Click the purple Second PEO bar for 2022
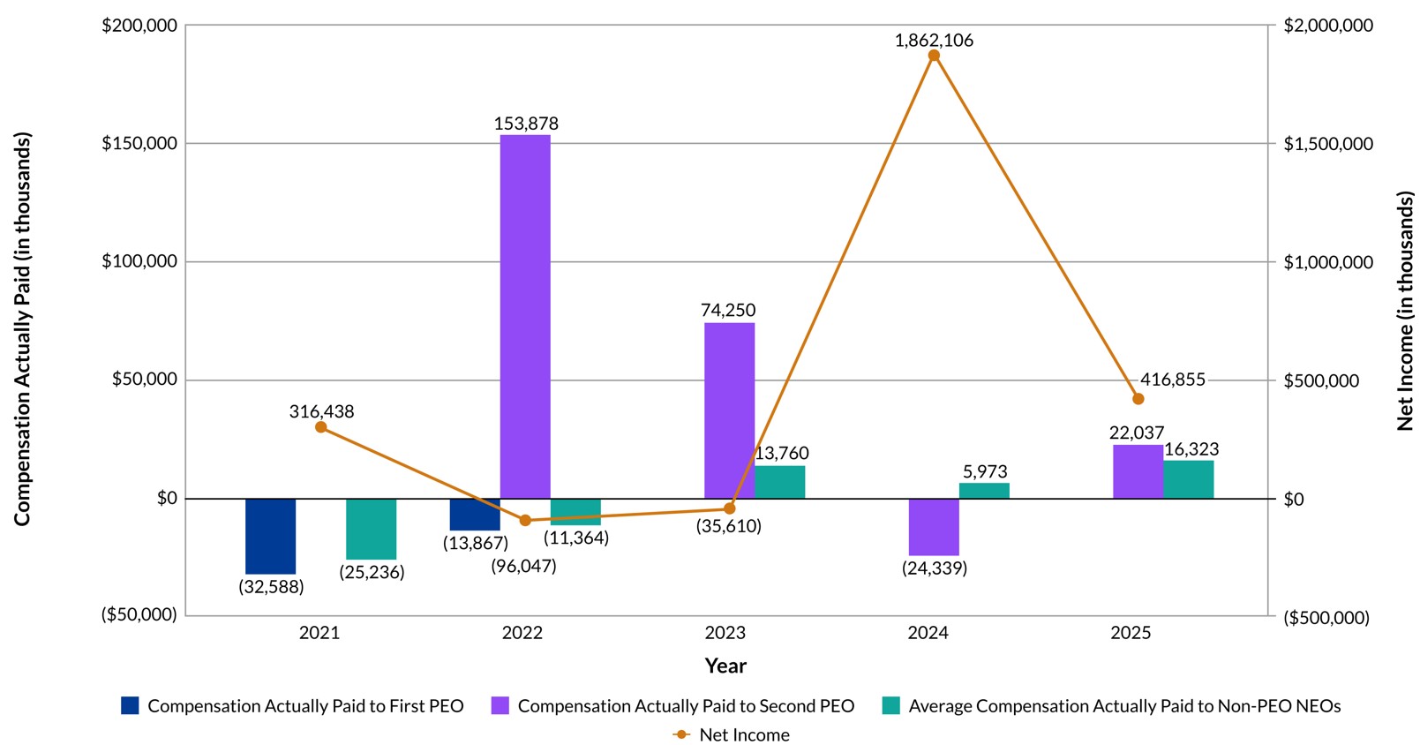click(525, 317)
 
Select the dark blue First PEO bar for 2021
click(271, 537)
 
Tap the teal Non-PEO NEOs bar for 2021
click(372, 529)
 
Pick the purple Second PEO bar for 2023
click(730, 410)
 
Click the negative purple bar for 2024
click(934, 527)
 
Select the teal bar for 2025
click(1189, 479)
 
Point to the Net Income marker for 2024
click(934, 56)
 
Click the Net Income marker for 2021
click(320, 426)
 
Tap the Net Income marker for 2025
click(1138, 399)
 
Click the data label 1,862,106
click(934, 40)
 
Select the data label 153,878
click(526, 123)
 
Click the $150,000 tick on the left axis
click(139, 143)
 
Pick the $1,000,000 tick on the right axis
click(1328, 262)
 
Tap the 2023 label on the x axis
click(725, 633)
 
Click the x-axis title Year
click(725, 666)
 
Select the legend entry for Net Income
click(732, 734)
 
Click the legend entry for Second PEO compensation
click(672, 705)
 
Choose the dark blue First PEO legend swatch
click(130, 705)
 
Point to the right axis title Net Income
click(1405, 312)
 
